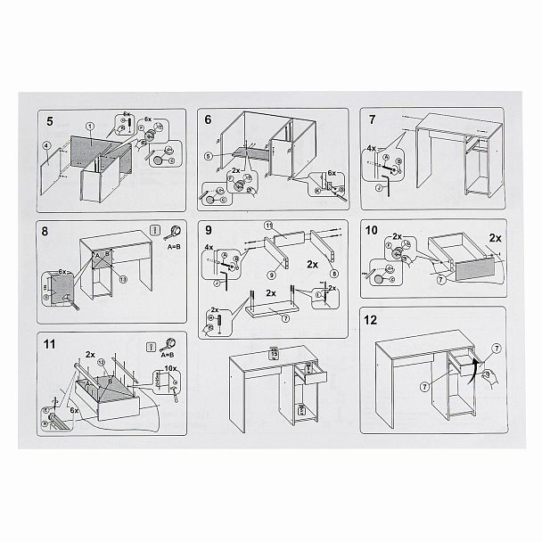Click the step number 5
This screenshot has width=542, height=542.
point(49,120)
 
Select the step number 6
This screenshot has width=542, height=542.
point(209,119)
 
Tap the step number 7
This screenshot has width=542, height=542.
point(371,119)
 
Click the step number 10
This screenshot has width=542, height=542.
point(374,229)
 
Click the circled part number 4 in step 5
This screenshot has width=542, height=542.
point(45,145)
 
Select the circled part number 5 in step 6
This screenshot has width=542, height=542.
point(207,156)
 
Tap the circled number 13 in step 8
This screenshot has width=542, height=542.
point(123,278)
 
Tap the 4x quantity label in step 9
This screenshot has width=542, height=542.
point(209,247)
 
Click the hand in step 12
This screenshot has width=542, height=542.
point(489,379)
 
